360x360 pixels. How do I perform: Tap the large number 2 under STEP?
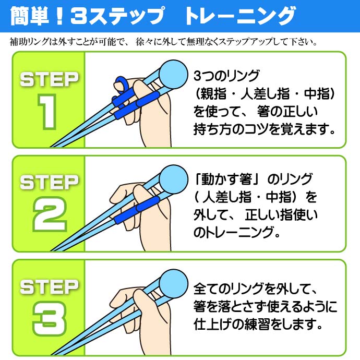coord(49,214)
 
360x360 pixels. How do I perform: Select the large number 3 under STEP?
coord(49,318)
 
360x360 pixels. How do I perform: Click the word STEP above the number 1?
coord(49,80)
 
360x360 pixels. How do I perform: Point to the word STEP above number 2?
coord(49,183)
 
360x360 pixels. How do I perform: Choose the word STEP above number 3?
coord(49,286)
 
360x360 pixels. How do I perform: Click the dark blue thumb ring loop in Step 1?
coord(121,83)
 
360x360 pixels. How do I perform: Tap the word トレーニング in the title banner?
coord(240,17)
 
